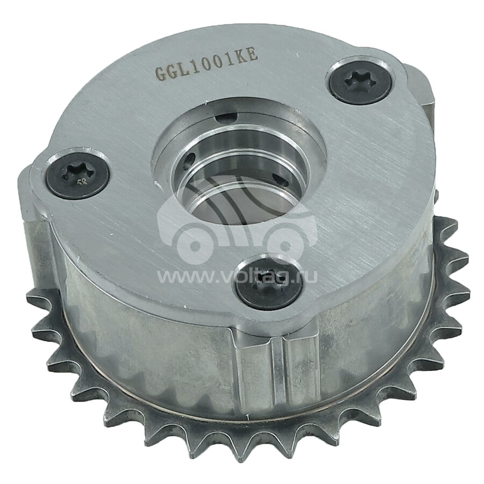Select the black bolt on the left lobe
[x=78, y=176]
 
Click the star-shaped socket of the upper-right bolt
[x=359, y=81]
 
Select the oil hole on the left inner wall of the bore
[x=188, y=160]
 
